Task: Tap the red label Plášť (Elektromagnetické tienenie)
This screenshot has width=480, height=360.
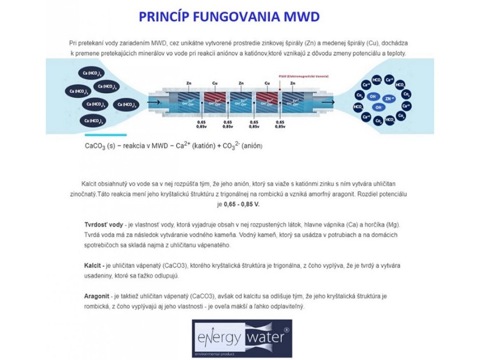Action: (x=300, y=76)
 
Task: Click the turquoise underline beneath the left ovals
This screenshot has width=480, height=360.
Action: (x=105, y=135)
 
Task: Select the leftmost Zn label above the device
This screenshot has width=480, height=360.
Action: (x=188, y=83)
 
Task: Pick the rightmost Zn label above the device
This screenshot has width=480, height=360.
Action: (x=292, y=83)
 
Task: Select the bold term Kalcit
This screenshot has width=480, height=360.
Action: (x=93, y=266)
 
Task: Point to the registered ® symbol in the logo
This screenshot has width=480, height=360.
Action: (x=286, y=330)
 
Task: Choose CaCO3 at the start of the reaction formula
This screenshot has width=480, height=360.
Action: (x=94, y=146)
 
